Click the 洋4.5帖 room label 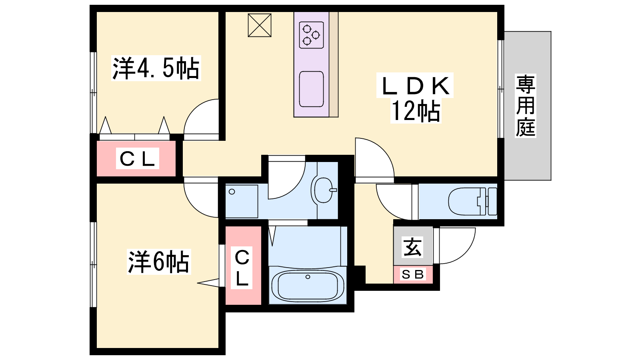[156, 68]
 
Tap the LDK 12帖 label [415, 98]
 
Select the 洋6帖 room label [158, 262]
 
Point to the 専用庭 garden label [525, 106]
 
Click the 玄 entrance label [412, 247]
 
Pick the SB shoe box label [412, 274]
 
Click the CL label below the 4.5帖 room [138, 158]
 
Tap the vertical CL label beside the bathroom [242, 268]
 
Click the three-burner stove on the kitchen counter [311, 35]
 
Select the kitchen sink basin [311, 89]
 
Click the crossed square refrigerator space [260, 25]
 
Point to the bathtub [308, 286]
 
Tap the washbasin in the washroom [324, 190]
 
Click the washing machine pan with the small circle [242, 201]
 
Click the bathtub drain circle [308, 277]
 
